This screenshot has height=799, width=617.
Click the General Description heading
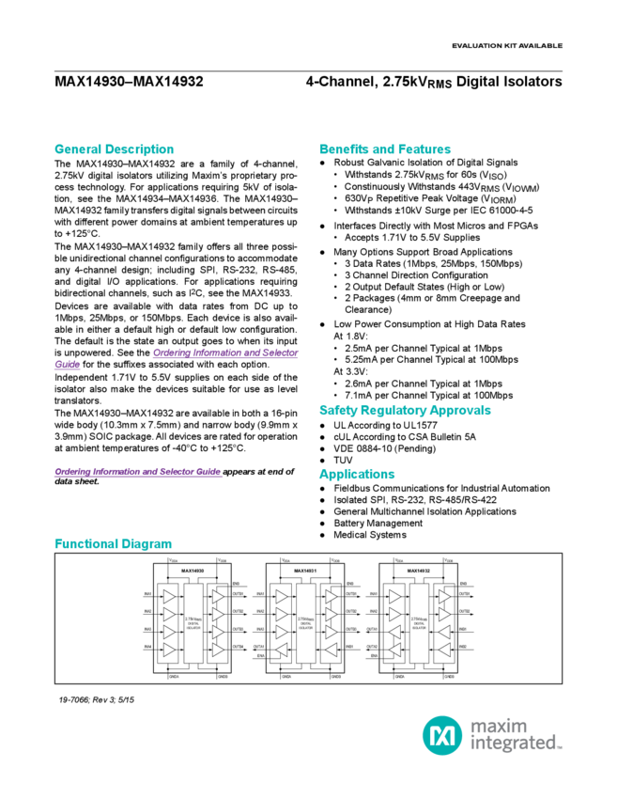pos(114,149)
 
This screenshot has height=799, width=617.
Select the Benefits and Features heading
pos(385,149)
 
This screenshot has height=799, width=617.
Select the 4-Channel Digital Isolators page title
pos(433,82)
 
